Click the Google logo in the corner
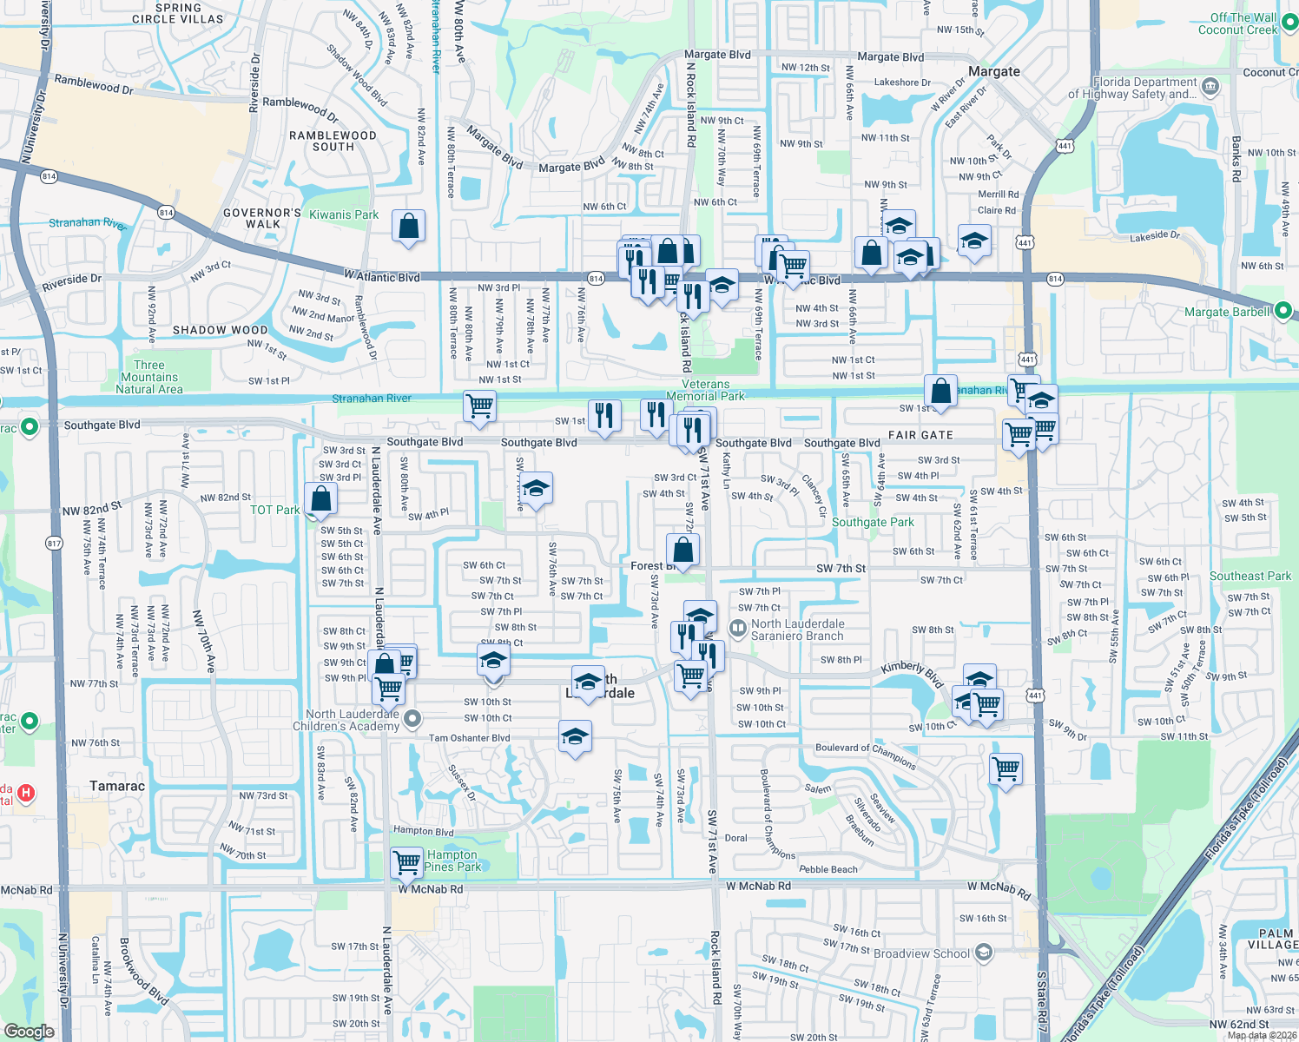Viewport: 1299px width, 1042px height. coord(29,1031)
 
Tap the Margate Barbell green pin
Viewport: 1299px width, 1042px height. coord(1283,311)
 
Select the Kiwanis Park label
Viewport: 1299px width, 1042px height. coord(344,214)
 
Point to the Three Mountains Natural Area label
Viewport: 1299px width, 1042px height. coord(149,377)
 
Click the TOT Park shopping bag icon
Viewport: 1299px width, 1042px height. coord(321,499)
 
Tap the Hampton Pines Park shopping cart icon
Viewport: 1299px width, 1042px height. coord(407,862)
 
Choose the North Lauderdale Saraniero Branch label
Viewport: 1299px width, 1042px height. coord(797,630)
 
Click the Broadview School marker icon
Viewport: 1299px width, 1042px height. coord(983,953)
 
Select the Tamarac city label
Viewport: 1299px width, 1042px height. coord(117,786)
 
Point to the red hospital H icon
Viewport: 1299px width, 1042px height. coord(26,792)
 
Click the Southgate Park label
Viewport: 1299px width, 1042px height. coord(873,522)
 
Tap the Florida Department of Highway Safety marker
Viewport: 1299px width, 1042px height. coord(1210,87)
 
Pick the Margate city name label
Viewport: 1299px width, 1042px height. coord(994,71)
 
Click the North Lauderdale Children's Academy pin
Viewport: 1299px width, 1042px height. coord(413,719)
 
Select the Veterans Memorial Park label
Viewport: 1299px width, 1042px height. coord(705,390)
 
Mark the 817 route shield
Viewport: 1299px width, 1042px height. coord(55,544)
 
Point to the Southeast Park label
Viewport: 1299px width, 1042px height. coord(1250,576)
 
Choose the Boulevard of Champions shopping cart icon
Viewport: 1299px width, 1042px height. coord(1006,768)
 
